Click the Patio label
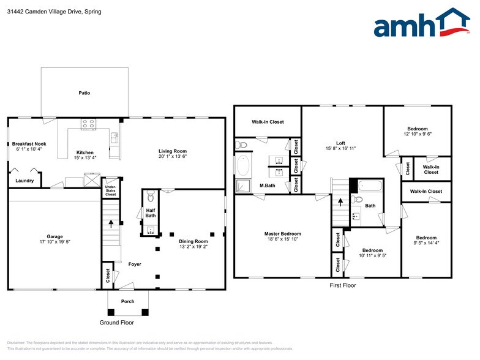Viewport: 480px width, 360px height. pyautogui.click(x=84, y=93)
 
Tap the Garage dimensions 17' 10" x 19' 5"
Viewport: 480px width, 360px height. pyautogui.click(x=54, y=242)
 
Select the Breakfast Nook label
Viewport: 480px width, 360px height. pyautogui.click(x=29, y=144)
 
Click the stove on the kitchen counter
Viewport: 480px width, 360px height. pyautogui.click(x=88, y=124)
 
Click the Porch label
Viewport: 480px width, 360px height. pyautogui.click(x=128, y=301)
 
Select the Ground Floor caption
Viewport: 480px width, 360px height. pyautogui.click(x=116, y=323)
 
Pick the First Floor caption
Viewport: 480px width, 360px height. pyautogui.click(x=342, y=285)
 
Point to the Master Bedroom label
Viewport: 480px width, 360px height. pyautogui.click(x=282, y=234)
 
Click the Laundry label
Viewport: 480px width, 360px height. pyautogui.click(x=24, y=181)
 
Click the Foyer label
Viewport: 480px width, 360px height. pyautogui.click(x=135, y=264)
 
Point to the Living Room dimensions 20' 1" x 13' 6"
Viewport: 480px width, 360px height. pyautogui.click(x=173, y=156)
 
